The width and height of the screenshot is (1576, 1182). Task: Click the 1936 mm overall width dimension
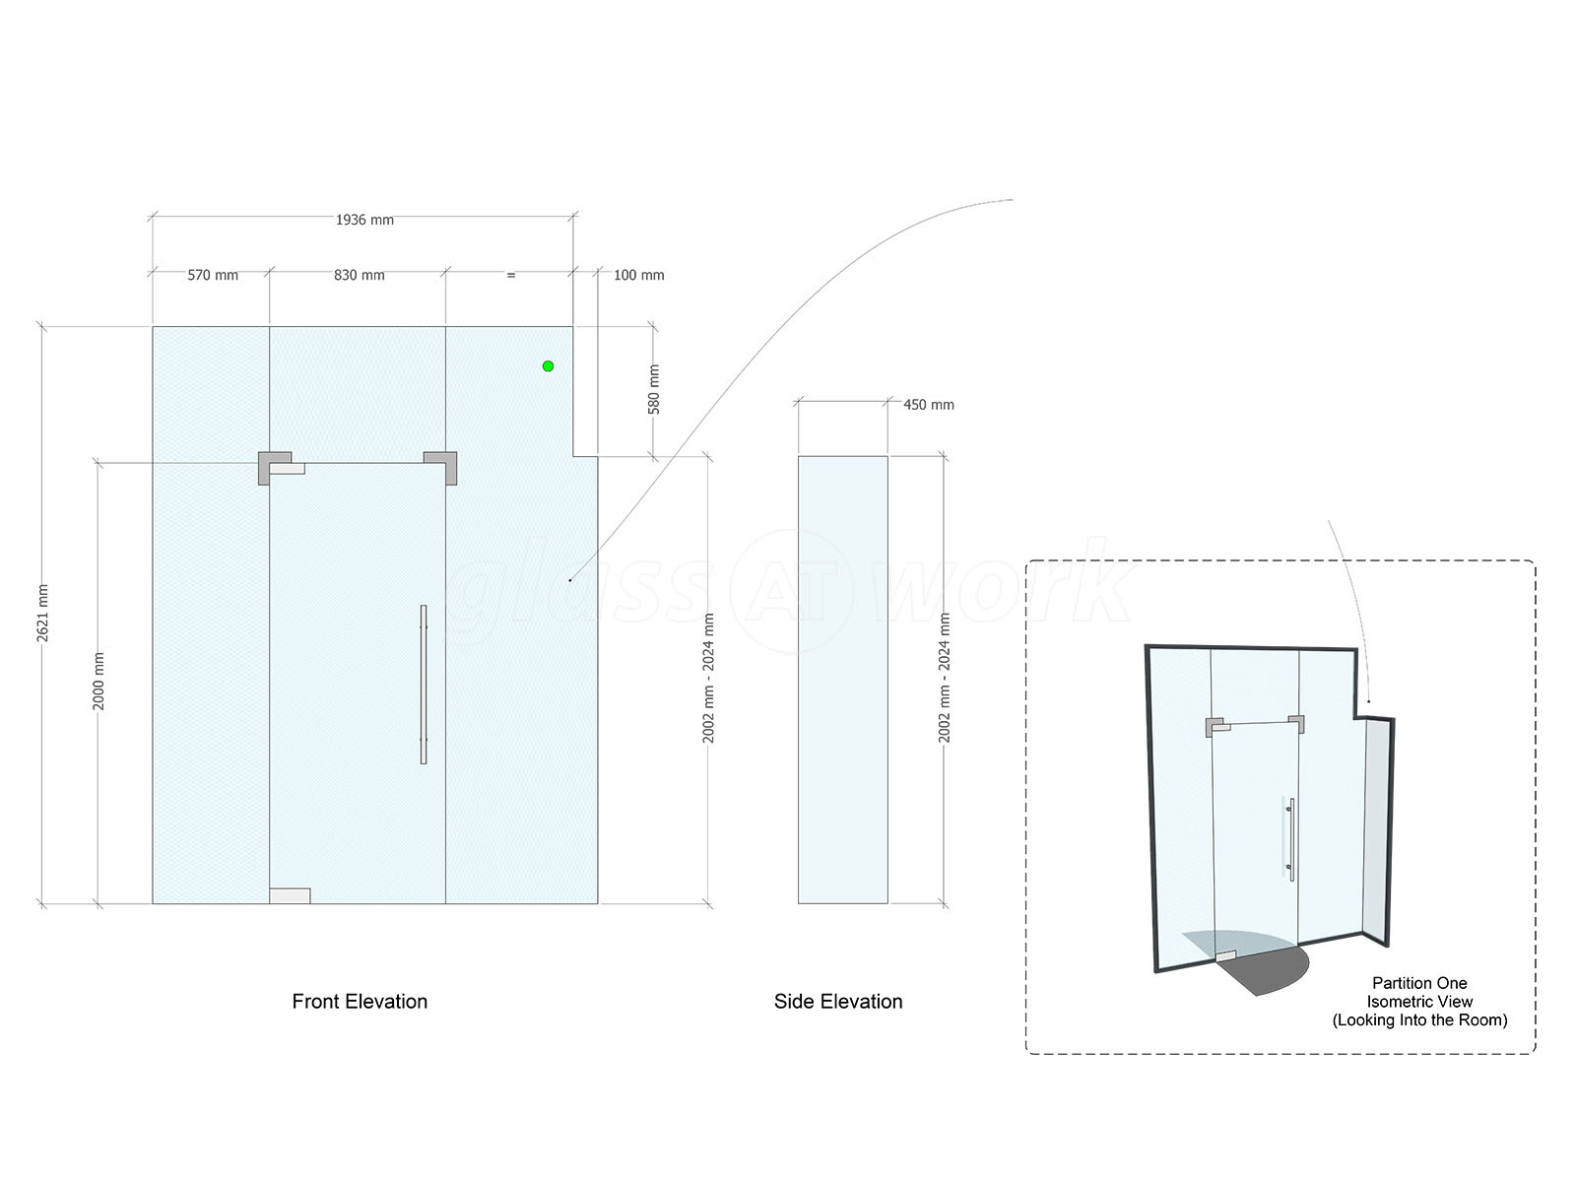pos(364,220)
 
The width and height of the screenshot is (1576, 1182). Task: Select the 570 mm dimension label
pos(213,275)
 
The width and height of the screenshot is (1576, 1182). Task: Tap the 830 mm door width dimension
pos(359,275)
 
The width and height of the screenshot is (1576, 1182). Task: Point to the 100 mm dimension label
pos(638,275)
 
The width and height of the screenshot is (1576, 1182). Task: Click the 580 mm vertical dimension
pos(653,389)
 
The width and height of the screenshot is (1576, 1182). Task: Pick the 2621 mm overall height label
pos(42,613)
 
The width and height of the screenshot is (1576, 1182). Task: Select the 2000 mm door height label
pos(98,681)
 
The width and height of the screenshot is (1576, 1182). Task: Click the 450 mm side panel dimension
pos(929,405)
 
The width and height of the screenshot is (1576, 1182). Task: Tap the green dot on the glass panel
pos(548,366)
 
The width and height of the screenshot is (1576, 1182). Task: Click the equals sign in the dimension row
pos(510,275)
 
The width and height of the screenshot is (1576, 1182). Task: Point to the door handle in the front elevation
pos(424,684)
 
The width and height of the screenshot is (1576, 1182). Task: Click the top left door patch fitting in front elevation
pos(276,468)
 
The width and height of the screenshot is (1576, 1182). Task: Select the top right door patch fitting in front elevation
pos(441,468)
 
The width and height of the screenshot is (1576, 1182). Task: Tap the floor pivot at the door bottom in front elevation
pos(290,895)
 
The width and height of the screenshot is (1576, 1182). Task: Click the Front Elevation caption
pos(359,1001)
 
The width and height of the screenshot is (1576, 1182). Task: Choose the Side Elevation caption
pos(838,1001)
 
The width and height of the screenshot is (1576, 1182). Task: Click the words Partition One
pos(1419,983)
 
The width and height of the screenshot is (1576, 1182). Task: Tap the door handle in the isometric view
pos(1291,839)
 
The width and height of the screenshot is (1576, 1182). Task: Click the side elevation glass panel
pos(843,680)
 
